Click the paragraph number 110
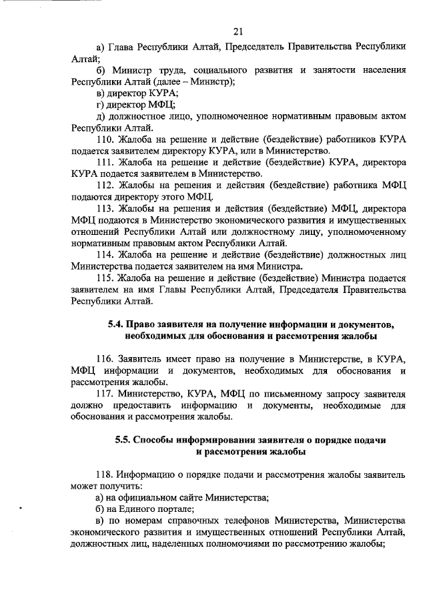tap(105, 140)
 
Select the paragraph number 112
tap(105, 185)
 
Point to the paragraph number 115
tap(105, 278)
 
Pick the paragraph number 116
tap(105, 359)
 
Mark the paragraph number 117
tap(105, 394)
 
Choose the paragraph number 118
tap(105, 475)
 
